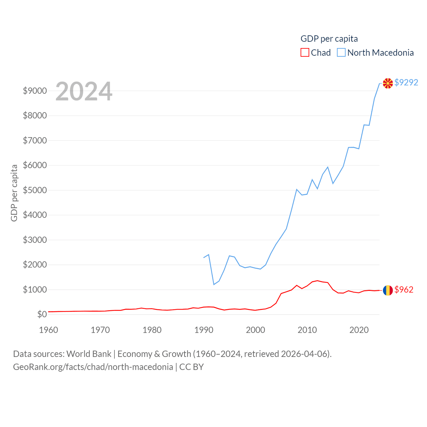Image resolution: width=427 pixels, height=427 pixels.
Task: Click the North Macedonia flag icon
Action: click(x=388, y=83)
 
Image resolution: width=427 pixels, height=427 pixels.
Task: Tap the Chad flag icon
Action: click(x=388, y=290)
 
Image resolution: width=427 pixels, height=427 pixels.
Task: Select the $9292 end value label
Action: click(x=406, y=82)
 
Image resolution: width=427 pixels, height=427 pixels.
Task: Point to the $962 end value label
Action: click(x=404, y=290)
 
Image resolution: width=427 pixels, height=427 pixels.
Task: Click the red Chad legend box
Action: click(x=305, y=53)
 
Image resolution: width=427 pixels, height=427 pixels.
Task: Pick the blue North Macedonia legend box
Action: click(x=341, y=53)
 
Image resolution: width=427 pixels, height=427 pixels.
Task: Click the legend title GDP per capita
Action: click(x=329, y=39)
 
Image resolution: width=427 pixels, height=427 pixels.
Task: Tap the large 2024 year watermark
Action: click(x=84, y=91)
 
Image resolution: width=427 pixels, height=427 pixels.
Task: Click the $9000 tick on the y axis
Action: click(x=35, y=91)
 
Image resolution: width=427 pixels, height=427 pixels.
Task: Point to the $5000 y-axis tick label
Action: click(x=35, y=190)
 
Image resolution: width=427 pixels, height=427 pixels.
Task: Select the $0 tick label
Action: click(x=42, y=314)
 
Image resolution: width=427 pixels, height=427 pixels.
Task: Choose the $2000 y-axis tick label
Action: click(x=35, y=265)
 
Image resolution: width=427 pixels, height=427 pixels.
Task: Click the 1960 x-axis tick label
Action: click(x=49, y=330)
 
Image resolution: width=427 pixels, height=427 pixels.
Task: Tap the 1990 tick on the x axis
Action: click(x=204, y=330)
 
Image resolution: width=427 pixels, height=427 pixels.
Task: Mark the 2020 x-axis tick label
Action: click(x=359, y=330)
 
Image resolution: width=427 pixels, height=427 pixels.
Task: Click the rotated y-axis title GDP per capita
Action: click(x=14, y=193)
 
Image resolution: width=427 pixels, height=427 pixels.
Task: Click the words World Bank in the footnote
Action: click(x=89, y=354)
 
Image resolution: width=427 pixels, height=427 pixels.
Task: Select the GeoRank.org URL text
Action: click(x=93, y=367)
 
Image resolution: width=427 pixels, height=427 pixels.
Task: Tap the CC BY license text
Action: click(x=191, y=367)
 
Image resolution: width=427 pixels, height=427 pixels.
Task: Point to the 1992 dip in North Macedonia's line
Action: click(x=214, y=284)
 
